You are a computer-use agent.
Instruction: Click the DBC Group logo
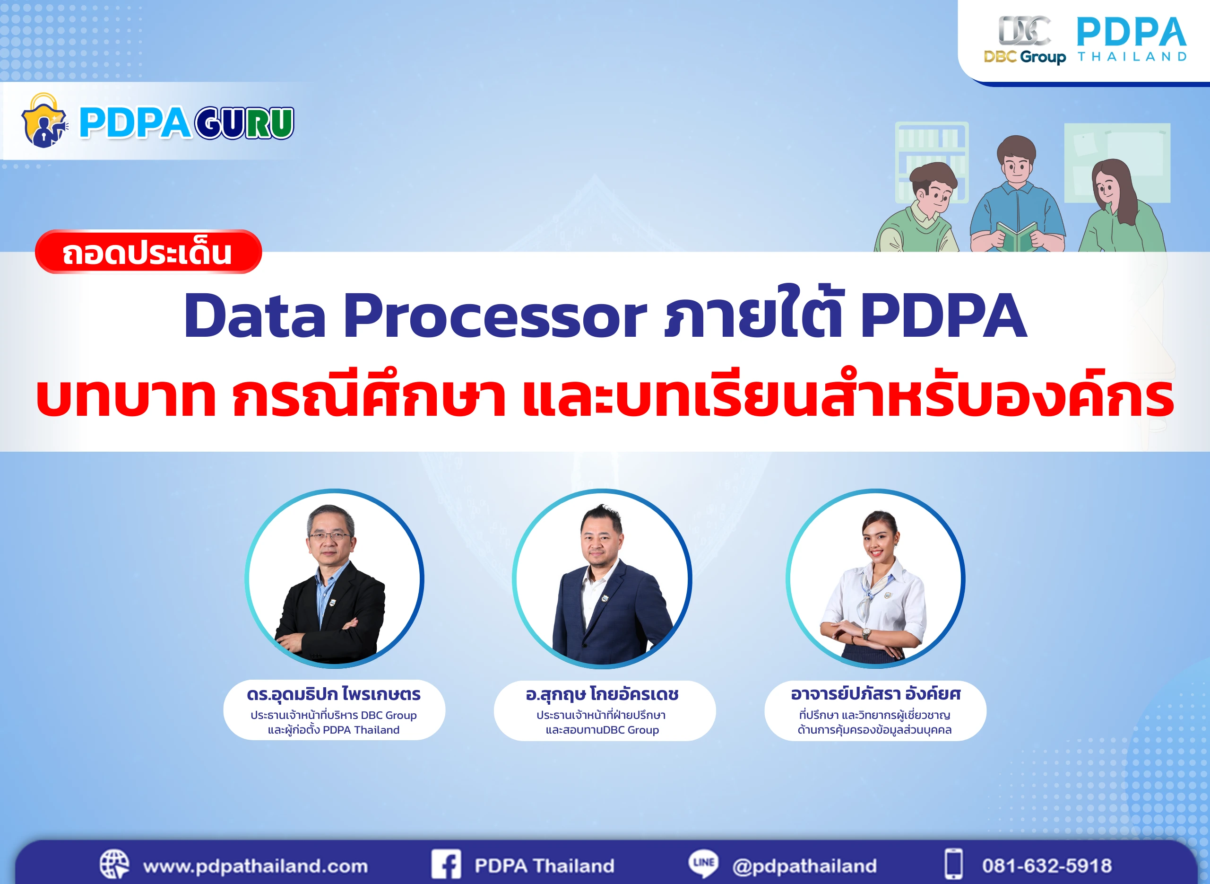tap(1023, 41)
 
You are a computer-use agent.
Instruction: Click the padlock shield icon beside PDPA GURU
tap(44, 122)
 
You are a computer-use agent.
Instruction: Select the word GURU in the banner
tap(244, 123)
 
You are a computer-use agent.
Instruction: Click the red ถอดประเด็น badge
tap(148, 252)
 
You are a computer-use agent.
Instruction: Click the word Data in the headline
tap(254, 317)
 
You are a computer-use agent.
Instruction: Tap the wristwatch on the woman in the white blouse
tap(865, 635)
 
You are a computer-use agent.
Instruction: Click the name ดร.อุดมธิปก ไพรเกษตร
tap(334, 694)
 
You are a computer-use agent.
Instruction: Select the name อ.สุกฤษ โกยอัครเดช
tap(602, 694)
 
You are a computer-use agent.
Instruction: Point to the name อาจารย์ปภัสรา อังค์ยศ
tap(875, 694)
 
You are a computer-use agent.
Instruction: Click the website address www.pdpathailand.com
tap(255, 866)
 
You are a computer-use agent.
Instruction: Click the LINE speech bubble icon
tap(703, 863)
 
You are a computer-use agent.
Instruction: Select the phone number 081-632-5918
tap(1046, 866)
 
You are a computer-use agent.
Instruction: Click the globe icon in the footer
tap(114, 864)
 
